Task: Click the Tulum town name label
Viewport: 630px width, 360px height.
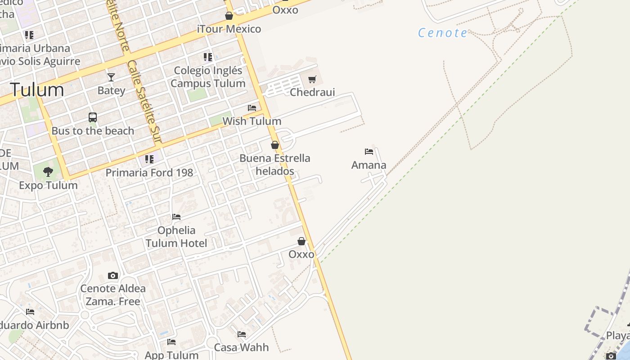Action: point(37,90)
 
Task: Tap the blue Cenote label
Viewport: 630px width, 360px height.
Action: point(443,33)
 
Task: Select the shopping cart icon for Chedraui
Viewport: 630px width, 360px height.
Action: point(312,80)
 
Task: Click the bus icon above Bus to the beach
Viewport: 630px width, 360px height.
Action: point(93,117)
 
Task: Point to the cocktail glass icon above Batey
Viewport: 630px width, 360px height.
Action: point(111,77)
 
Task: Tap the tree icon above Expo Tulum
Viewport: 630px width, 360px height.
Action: point(48,171)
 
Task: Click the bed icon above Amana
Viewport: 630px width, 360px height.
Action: point(369,152)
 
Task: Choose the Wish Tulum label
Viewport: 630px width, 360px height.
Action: point(252,121)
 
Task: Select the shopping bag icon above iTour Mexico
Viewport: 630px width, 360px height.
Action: point(229,16)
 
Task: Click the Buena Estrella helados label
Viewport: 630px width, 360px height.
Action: point(275,165)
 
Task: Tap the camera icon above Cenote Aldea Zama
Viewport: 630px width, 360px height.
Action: point(113,275)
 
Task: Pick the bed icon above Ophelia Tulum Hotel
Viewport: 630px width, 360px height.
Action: point(176,217)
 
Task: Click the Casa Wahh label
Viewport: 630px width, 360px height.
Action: point(241,347)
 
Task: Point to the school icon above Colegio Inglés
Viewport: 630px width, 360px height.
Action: point(208,57)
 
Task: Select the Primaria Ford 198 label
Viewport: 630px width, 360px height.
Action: point(149,172)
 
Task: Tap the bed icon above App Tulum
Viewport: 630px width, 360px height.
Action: point(171,342)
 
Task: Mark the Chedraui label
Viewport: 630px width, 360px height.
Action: point(312,92)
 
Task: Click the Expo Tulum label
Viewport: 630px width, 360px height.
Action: point(48,185)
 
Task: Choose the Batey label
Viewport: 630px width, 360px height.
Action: point(111,90)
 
